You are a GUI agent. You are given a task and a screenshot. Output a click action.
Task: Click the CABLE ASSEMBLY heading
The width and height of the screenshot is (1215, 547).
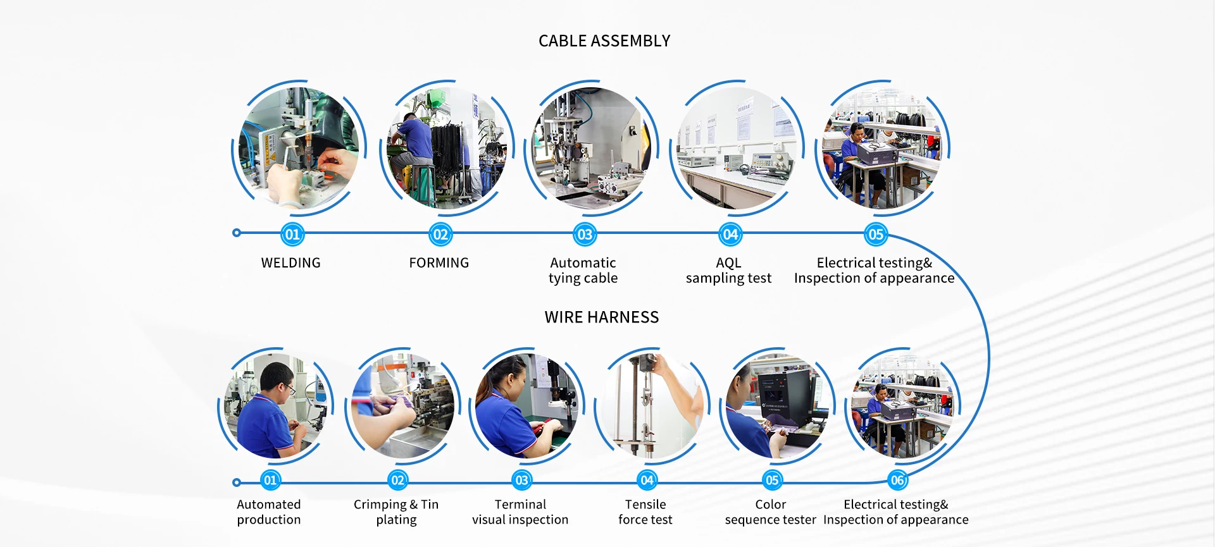[604, 41]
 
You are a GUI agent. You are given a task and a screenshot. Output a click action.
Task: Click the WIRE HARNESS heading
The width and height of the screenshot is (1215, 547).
[602, 317]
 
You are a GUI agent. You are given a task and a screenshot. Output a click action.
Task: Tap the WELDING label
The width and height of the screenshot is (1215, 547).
[291, 263]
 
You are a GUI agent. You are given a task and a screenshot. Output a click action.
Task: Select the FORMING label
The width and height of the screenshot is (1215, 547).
[439, 263]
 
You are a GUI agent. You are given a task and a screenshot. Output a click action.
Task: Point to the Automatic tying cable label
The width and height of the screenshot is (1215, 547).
[583, 271]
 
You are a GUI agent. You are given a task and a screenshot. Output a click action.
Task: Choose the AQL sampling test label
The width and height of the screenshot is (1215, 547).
[728, 271]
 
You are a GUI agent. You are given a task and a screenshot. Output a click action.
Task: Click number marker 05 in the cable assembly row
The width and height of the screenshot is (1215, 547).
[876, 235]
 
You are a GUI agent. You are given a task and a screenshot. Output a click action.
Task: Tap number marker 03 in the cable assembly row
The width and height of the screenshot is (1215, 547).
[585, 235]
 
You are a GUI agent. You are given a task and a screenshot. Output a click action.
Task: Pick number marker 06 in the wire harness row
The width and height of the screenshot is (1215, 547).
[897, 481]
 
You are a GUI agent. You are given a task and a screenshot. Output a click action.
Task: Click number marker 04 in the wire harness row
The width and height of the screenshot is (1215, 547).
[647, 481]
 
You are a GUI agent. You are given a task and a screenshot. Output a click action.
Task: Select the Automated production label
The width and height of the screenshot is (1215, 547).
[269, 512]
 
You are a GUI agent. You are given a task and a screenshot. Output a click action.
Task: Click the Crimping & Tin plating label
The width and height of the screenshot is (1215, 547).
[396, 512]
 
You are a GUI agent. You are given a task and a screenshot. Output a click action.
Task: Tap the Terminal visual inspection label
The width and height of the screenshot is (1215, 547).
[520, 512]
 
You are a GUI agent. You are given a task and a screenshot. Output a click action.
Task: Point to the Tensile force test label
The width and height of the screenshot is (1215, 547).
[645, 512]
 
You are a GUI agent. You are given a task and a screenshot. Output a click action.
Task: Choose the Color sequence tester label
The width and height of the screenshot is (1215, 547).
[771, 512]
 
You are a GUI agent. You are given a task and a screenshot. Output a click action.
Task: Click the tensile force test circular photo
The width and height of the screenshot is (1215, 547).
[652, 405]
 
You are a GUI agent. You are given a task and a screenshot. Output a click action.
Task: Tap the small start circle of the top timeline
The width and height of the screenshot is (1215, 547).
[237, 233]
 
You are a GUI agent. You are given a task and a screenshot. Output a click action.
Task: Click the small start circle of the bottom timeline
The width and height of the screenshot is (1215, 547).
[237, 482]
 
